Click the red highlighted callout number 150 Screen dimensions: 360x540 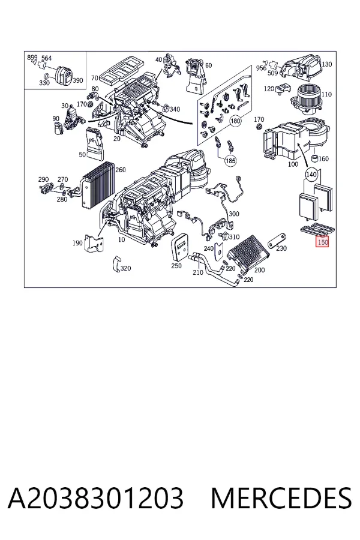click(323, 242)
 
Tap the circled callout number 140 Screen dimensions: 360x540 click(311, 175)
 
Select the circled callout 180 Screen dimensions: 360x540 click(235, 121)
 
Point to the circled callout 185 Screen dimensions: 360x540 click(230, 160)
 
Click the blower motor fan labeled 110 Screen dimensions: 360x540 click(308, 99)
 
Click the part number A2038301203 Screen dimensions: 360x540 click(96, 497)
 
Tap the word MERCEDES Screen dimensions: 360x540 click(281, 497)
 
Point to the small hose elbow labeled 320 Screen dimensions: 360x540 click(116, 264)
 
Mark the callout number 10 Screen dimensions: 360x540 click(121, 239)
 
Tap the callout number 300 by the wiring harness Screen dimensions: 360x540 click(233, 214)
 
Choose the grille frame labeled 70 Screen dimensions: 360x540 click(122, 71)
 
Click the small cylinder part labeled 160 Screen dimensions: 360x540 click(314, 158)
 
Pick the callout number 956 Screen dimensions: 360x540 click(261, 68)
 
